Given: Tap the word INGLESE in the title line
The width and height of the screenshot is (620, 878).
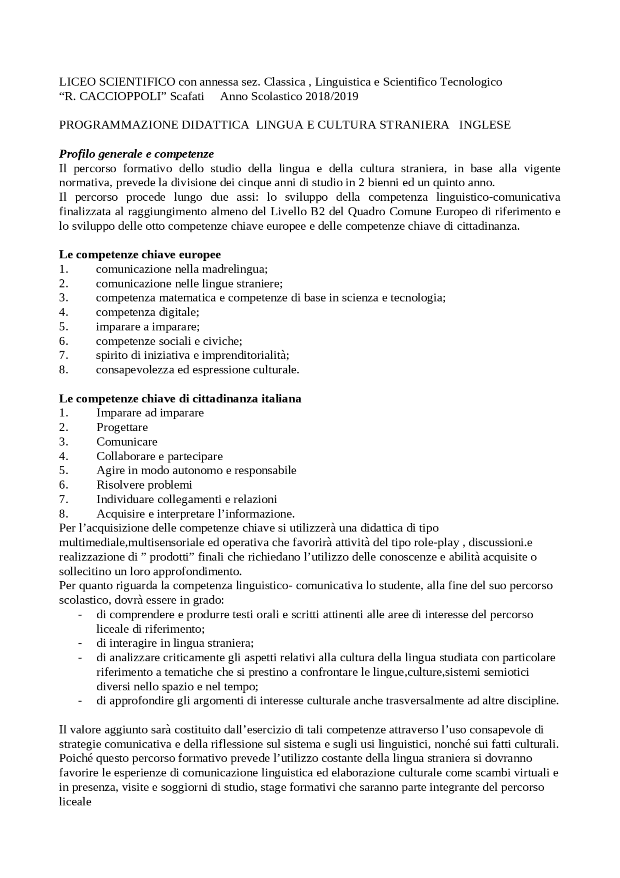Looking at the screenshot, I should (484, 125).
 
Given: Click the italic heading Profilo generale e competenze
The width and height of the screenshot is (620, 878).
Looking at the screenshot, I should (136, 154).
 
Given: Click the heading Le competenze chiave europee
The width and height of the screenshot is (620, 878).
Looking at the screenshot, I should (139, 255).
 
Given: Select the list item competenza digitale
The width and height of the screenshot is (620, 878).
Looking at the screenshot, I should (147, 312).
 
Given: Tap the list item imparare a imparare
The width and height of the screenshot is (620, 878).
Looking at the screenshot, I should (147, 327).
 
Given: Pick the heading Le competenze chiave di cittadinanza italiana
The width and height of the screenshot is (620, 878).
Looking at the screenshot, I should (180, 399).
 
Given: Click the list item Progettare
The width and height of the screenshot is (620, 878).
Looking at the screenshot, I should (122, 428).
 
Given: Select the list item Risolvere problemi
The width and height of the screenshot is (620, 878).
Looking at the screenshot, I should (144, 485).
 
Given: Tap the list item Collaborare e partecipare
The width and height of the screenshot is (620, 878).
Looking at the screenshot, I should (159, 456).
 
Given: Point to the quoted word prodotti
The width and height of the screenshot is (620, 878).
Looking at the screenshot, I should (161, 557).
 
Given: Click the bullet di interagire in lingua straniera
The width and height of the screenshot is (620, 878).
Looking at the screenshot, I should (175, 643).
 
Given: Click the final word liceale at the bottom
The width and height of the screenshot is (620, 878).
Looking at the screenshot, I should (75, 801).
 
